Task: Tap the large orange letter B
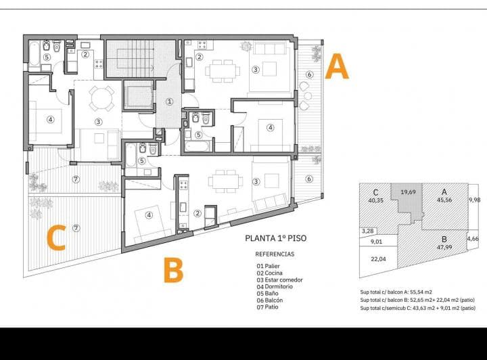(x=174, y=269)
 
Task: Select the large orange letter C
(x=55, y=237)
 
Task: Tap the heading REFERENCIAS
(x=275, y=254)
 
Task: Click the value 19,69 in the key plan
(x=409, y=193)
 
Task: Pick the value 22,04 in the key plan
(x=377, y=258)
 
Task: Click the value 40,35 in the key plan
(x=375, y=200)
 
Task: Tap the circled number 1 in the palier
(x=169, y=102)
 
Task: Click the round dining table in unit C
(x=101, y=98)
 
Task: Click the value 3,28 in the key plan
(x=368, y=231)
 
